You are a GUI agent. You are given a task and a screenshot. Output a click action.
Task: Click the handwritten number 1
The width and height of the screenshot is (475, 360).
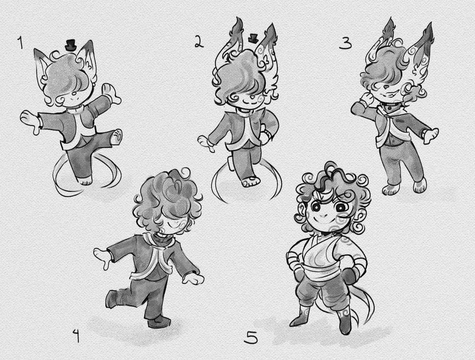click(x=21, y=43)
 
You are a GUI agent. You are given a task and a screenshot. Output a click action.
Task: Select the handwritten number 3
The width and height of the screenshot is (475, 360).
click(x=346, y=42)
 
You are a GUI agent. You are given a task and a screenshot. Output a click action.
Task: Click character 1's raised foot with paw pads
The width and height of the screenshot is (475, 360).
click(x=117, y=136)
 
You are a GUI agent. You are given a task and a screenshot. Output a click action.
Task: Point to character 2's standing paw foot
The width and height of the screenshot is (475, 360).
click(x=251, y=182)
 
